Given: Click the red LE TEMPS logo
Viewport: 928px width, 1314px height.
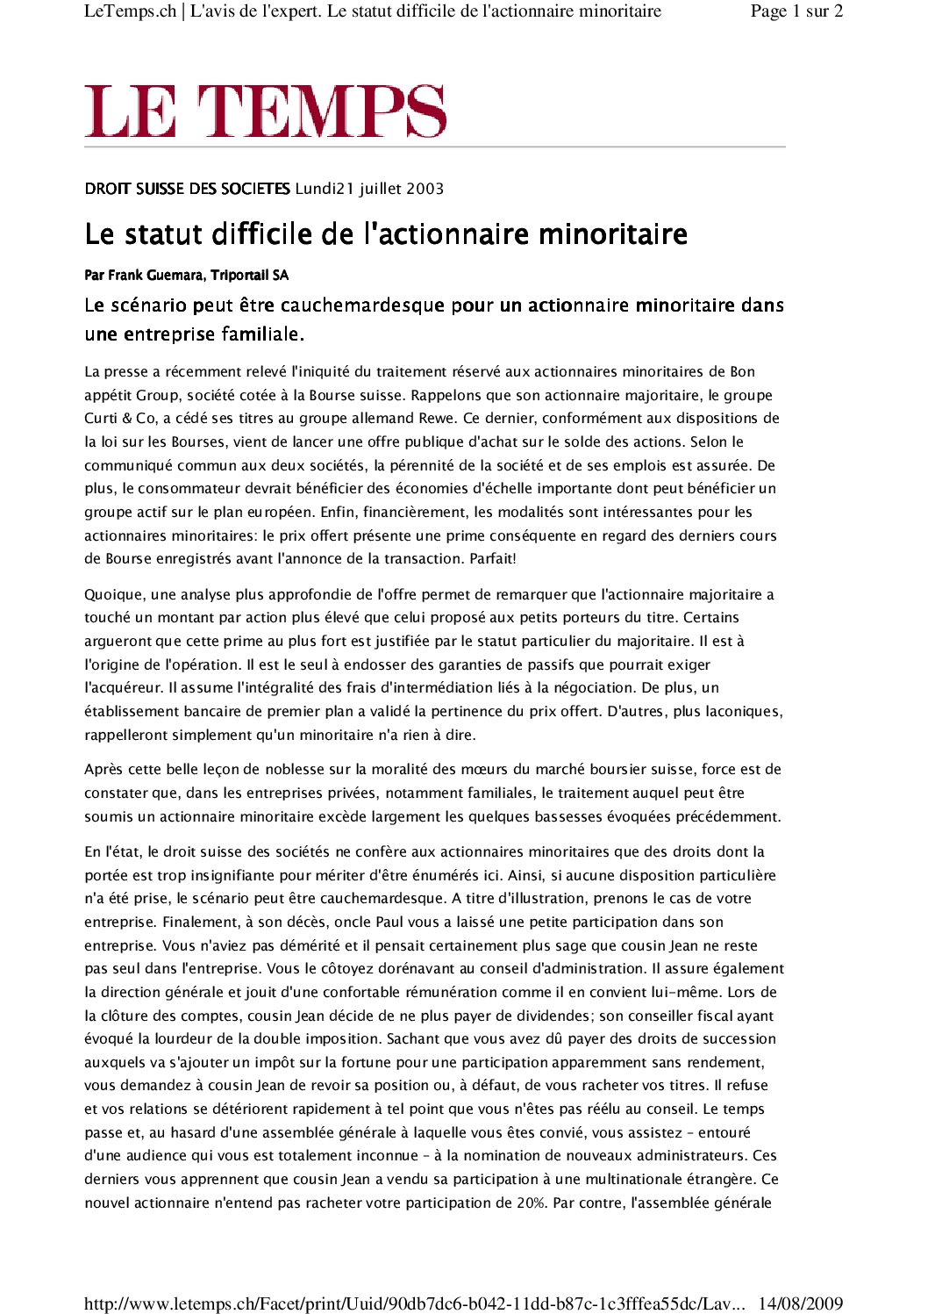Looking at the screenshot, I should tap(265, 111).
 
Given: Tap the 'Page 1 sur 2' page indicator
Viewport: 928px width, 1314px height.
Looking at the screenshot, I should tap(796, 11).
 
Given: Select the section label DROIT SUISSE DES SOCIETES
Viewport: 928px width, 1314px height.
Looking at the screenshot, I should tap(187, 189).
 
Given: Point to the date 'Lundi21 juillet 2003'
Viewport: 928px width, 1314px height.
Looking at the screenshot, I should tap(369, 189).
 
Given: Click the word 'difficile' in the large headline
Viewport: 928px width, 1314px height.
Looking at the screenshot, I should tap(267, 234).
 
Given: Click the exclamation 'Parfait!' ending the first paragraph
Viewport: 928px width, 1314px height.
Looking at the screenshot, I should tap(492, 558).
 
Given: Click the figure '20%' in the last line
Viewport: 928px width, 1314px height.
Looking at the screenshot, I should tap(531, 1203).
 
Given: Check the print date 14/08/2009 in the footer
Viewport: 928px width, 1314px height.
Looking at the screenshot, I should tap(800, 1303).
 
